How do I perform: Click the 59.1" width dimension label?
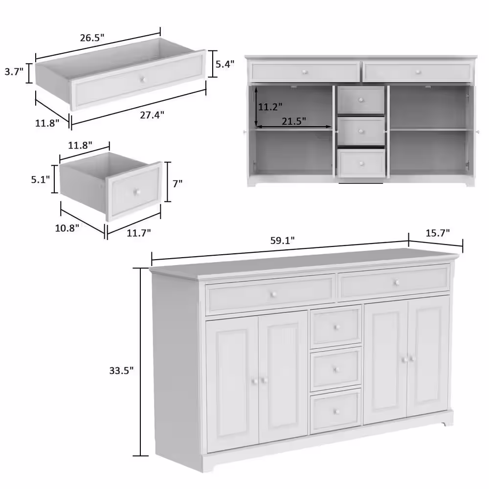(x=282, y=241)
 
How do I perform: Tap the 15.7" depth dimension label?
(x=438, y=233)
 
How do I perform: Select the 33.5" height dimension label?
(x=121, y=371)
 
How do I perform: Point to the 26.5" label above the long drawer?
(x=92, y=38)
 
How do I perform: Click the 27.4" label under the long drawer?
(x=152, y=115)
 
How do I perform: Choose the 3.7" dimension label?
(x=14, y=72)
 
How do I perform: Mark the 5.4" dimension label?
(x=225, y=64)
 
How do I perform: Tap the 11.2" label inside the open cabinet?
(x=270, y=107)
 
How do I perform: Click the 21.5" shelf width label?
(x=294, y=121)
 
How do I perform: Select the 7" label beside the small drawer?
(x=178, y=184)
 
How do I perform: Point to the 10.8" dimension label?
(x=67, y=228)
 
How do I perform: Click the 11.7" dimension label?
(x=139, y=232)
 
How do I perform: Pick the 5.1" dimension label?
(x=40, y=179)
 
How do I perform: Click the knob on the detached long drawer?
(x=143, y=79)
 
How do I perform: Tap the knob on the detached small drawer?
(x=136, y=192)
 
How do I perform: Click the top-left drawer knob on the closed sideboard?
(x=273, y=294)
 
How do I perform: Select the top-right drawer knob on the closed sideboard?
(x=397, y=283)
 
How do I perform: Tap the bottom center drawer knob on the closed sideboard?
(x=336, y=412)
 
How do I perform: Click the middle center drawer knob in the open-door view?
(x=361, y=131)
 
